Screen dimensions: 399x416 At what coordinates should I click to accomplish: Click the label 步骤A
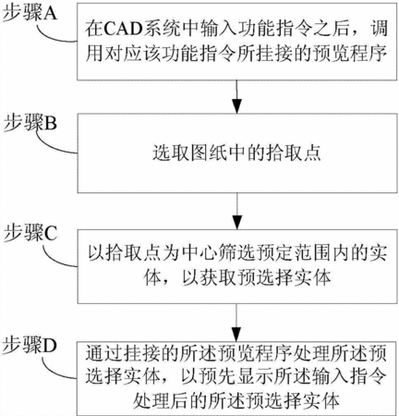pyautogui.click(x=30, y=13)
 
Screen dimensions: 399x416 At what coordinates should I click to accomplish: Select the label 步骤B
pyautogui.click(x=30, y=124)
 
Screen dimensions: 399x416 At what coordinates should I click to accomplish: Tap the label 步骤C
pyautogui.click(x=30, y=233)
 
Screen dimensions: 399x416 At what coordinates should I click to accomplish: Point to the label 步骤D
pyautogui.click(x=30, y=346)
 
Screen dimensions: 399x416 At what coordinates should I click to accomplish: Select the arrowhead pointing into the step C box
pyautogui.click(x=236, y=222)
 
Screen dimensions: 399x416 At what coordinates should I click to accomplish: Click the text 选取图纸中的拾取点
pyautogui.click(x=236, y=153)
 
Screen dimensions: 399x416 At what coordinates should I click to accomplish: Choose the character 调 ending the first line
pyautogui.click(x=378, y=29)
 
